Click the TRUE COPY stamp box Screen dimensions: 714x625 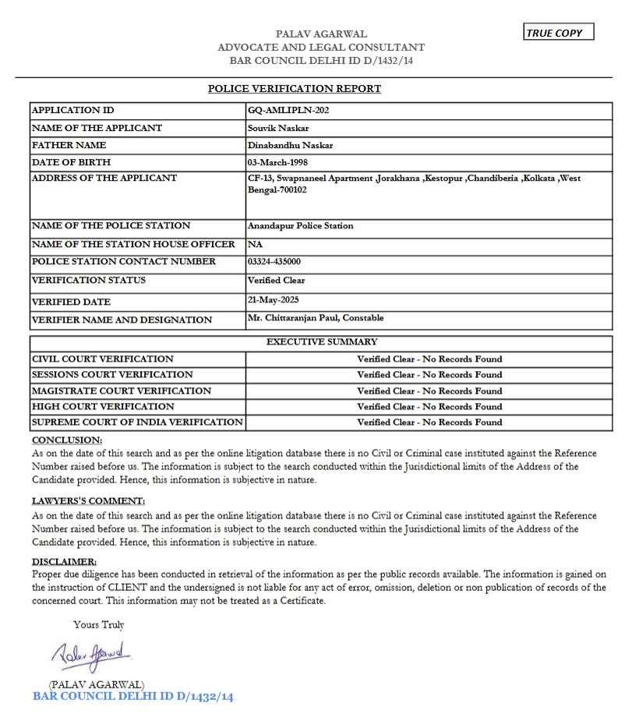tap(559, 33)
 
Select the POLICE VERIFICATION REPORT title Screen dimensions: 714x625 tap(295, 89)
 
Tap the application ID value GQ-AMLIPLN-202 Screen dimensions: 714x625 tap(288, 111)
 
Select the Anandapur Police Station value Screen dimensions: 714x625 tap(300, 226)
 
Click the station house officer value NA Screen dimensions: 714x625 tap(253, 244)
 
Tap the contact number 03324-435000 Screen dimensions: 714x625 tap(274, 262)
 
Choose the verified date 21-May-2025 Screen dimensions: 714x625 tap(273, 299)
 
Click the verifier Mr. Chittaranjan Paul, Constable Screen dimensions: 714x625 tap(315, 318)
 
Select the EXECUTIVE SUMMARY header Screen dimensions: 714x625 tap(322, 342)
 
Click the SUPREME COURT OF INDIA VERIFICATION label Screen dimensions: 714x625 tap(136, 422)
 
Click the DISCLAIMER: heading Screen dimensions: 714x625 tap(64, 561)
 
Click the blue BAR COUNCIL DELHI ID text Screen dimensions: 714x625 tap(132, 696)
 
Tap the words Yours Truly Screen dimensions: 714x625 tap(99, 625)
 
